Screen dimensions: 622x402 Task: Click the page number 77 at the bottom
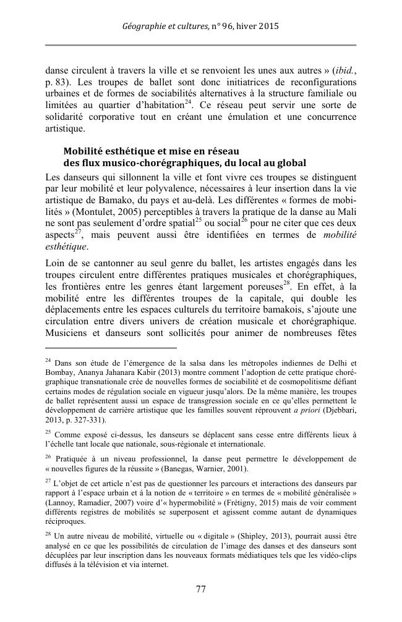[x=200, y=589]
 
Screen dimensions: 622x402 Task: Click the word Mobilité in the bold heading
[x=85, y=151]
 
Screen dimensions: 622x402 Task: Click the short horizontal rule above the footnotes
[x=111, y=348]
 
